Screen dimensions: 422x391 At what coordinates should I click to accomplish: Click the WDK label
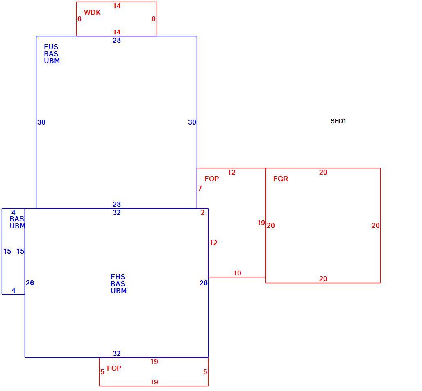(x=92, y=12)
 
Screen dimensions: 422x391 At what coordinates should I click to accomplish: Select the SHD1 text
(x=338, y=121)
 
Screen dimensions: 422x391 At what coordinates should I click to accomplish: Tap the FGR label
(x=280, y=179)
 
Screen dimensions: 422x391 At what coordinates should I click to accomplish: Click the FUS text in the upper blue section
(x=51, y=47)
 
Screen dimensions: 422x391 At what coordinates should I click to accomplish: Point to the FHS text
(x=118, y=277)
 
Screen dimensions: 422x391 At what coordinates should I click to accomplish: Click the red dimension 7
(x=200, y=188)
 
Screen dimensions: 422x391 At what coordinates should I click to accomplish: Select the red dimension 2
(x=203, y=212)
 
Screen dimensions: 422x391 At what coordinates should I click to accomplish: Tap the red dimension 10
(x=237, y=273)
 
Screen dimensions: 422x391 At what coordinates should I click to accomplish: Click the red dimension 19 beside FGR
(x=261, y=223)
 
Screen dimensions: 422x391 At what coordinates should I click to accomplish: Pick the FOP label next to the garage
(x=211, y=179)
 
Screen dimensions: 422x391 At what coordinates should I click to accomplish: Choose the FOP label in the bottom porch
(x=114, y=368)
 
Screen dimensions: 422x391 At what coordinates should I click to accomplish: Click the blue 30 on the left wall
(x=41, y=122)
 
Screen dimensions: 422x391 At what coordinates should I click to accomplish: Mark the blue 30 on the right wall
(x=192, y=122)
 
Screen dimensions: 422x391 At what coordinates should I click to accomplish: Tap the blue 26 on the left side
(x=30, y=283)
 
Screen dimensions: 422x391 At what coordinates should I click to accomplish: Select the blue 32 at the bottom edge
(x=116, y=353)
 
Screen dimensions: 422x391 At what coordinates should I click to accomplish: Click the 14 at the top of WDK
(x=116, y=6)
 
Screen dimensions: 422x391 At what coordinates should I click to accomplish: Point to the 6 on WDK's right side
(x=153, y=19)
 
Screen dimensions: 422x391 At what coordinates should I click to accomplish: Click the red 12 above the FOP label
(x=231, y=172)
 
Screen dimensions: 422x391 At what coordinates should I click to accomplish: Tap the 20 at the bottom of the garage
(x=323, y=279)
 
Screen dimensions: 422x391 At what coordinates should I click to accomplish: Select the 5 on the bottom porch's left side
(x=102, y=372)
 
